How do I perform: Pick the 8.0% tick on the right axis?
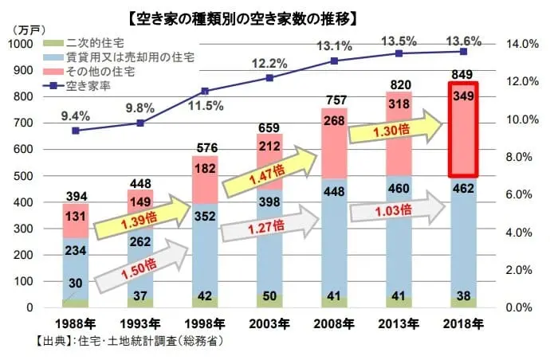[519, 157]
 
